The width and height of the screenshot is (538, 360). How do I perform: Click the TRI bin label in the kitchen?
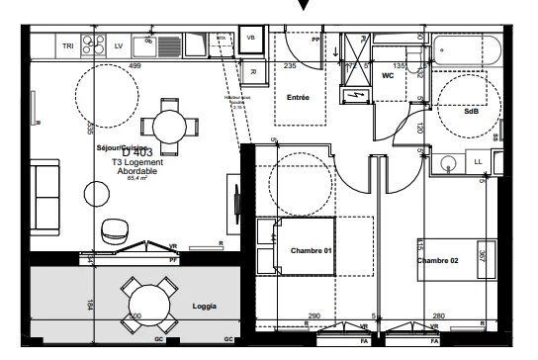click(x=67, y=45)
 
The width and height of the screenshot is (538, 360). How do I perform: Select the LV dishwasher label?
click(x=118, y=45)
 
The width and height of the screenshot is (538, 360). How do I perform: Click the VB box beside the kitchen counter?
click(x=249, y=38)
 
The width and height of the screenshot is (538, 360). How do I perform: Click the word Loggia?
click(x=204, y=307)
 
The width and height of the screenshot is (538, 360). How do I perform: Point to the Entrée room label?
click(x=298, y=98)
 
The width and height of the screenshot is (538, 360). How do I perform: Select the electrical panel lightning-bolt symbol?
click(x=352, y=94)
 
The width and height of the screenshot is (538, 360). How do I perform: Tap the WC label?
click(x=389, y=74)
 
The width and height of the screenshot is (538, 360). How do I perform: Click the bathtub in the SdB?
click(x=469, y=50)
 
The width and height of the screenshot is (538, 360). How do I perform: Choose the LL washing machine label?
click(x=479, y=161)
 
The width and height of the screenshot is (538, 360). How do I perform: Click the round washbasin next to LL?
click(x=447, y=163)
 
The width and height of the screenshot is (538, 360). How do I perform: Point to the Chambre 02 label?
click(x=437, y=260)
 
